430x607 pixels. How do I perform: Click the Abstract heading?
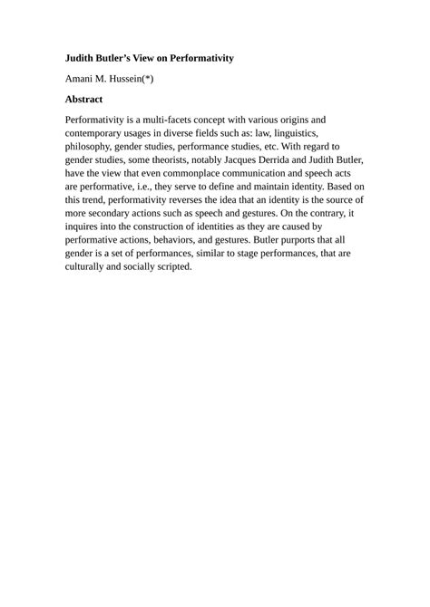point(84,99)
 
